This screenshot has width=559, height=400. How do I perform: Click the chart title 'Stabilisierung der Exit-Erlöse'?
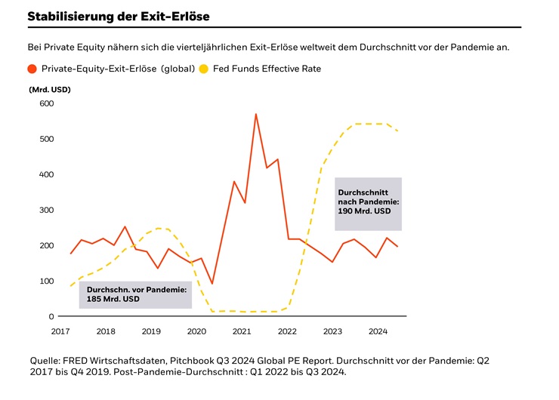pyautogui.click(x=119, y=15)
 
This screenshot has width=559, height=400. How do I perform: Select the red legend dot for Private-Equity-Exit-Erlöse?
pyautogui.click(x=32, y=69)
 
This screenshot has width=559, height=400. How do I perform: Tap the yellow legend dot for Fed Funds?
pyautogui.click(x=204, y=69)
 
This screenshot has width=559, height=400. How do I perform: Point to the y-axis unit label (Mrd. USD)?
pyautogui.click(x=50, y=90)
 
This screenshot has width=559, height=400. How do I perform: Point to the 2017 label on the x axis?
pyautogui.click(x=60, y=331)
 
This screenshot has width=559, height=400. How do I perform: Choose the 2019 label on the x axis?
pyautogui.click(x=151, y=331)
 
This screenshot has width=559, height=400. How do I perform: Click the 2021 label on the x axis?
pyautogui.click(x=242, y=331)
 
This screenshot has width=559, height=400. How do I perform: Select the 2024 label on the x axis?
pyautogui.click(x=378, y=331)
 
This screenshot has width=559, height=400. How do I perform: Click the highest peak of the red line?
pyautogui.click(x=255, y=114)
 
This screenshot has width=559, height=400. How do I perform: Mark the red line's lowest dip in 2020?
pyautogui.click(x=212, y=284)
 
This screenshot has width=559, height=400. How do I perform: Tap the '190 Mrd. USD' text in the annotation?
pyautogui.click(x=364, y=211)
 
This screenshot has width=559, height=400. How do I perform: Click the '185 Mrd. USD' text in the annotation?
pyautogui.click(x=113, y=299)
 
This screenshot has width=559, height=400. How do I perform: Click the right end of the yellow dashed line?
pyautogui.click(x=398, y=131)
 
